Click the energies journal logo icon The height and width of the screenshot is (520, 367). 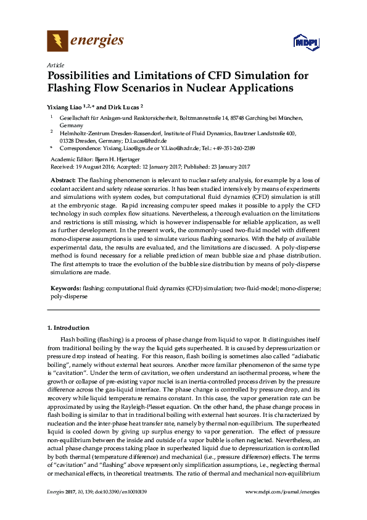tap(57, 41)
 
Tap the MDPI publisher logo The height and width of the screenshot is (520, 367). tap(305, 42)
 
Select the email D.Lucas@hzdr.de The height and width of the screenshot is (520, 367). tap(136, 140)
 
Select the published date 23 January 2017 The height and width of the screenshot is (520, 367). tap(223, 167)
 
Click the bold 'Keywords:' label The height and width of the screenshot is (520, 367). tap(64, 288)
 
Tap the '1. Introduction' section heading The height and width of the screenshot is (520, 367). tap(68, 327)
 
